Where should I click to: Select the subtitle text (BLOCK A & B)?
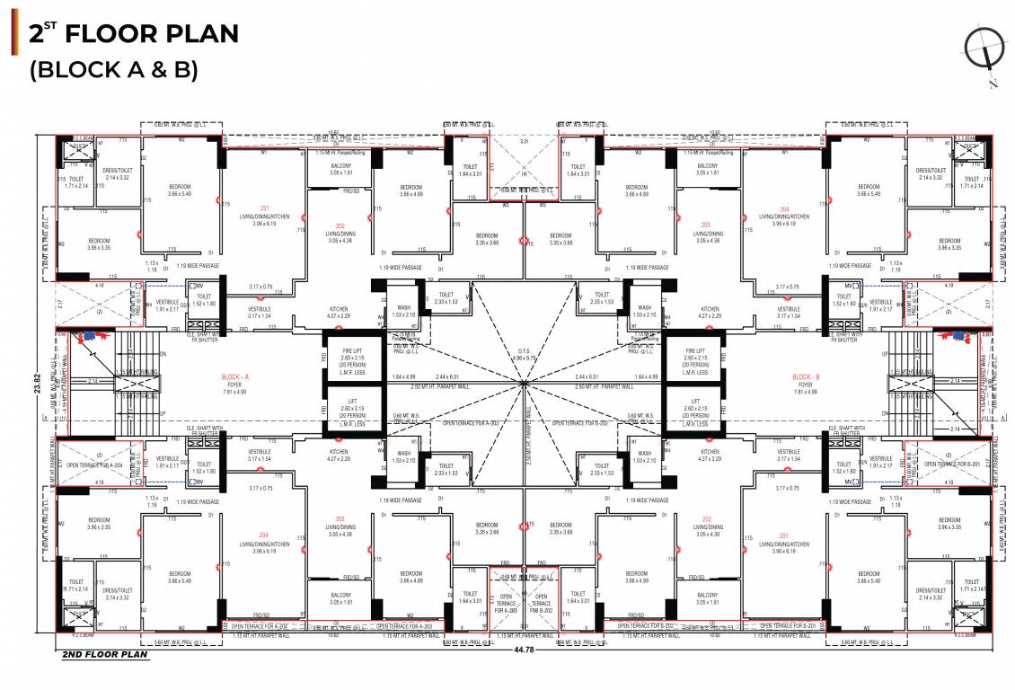(113, 70)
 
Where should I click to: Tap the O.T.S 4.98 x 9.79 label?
(523, 357)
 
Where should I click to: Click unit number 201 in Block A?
(265, 208)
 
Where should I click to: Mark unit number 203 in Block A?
(339, 519)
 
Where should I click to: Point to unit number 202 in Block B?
(706, 519)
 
